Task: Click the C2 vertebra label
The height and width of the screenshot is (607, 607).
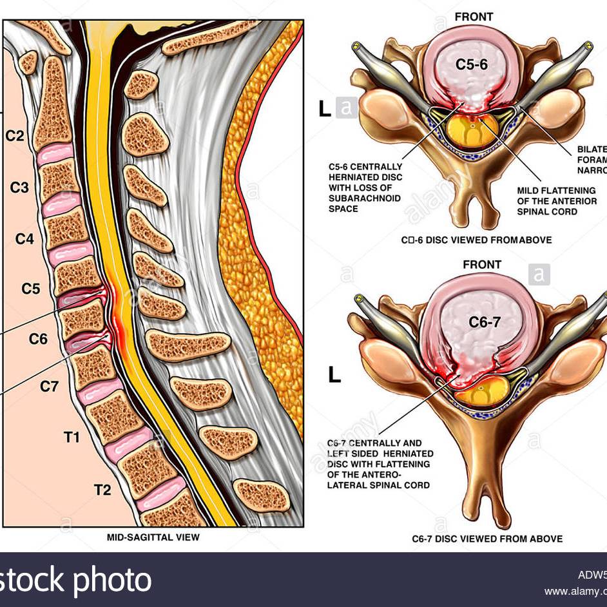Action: [15, 137]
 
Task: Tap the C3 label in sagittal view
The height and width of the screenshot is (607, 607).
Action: [19, 188]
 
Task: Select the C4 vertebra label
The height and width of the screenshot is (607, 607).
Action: [24, 239]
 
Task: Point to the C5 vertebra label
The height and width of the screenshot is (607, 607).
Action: [31, 289]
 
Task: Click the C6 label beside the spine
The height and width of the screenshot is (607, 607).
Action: [38, 338]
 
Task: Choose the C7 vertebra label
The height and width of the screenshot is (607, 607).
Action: [50, 387]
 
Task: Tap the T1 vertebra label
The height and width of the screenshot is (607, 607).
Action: [72, 438]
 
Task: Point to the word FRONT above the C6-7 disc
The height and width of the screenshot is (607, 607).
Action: [481, 265]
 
